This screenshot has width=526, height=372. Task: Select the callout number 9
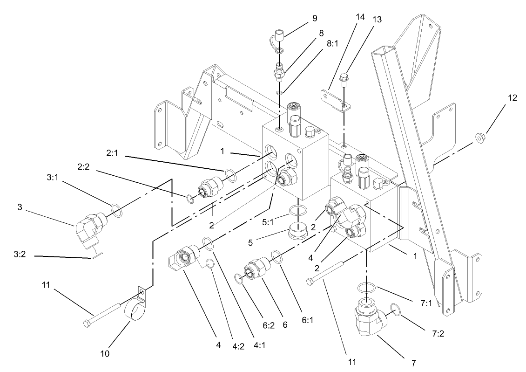pyautogui.click(x=315, y=18)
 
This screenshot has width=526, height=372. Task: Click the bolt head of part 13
pyautogui.click(x=344, y=76)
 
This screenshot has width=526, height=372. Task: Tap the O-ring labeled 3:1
pyautogui.click(x=117, y=210)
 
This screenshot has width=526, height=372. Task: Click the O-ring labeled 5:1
pyautogui.click(x=297, y=211)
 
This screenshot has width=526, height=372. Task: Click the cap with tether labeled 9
pyautogui.click(x=280, y=36)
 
